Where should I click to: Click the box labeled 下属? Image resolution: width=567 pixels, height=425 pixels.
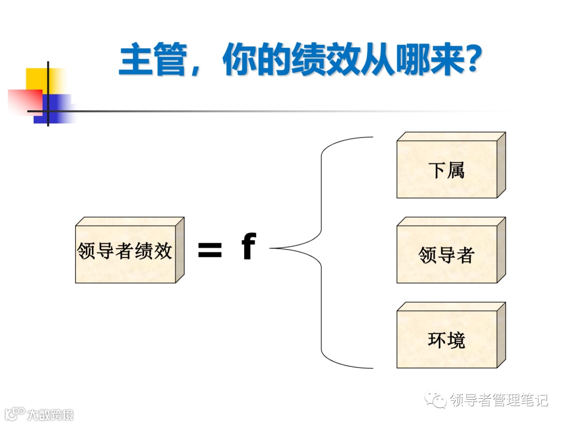[447, 169]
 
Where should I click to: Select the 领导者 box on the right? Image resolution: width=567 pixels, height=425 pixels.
[447, 254]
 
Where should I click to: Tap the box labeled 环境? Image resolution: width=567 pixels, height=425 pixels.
[447, 340]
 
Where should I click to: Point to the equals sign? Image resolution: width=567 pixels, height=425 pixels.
[209, 250]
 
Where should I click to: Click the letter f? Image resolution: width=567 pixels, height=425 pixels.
[248, 247]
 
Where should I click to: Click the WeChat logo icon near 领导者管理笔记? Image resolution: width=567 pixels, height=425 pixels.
[437, 400]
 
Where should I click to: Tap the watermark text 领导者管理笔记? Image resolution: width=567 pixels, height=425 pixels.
[499, 400]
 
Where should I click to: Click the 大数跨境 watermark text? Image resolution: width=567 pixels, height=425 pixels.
[50, 415]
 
